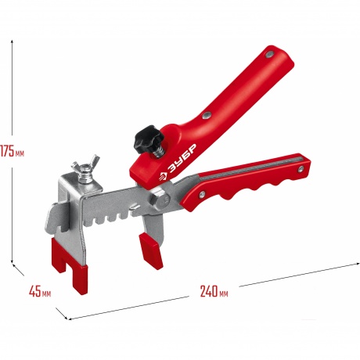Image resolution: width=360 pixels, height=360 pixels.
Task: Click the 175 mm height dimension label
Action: (12, 152)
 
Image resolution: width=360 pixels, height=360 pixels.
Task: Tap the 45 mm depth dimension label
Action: (40, 291)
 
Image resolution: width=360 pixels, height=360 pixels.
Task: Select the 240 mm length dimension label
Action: (214, 291)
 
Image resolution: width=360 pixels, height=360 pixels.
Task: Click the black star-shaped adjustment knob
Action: (149, 136)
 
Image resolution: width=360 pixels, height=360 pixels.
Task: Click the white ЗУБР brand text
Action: (182, 159)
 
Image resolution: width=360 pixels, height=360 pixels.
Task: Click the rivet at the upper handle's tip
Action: (269, 54)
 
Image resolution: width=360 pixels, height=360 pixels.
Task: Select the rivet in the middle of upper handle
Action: (207, 115)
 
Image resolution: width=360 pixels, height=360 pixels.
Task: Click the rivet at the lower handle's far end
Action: (301, 169)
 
